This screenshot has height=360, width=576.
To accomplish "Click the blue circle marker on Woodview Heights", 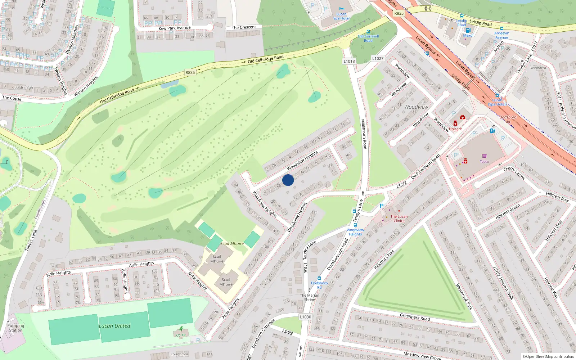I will click(288, 180).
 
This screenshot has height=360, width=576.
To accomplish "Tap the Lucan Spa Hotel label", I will click(341, 16).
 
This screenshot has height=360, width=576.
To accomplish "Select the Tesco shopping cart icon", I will click(484, 156).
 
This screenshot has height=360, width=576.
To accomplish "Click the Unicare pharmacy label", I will click(455, 129).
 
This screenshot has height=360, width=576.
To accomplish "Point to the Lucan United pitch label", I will click(114, 326).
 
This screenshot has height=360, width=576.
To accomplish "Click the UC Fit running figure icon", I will click(181, 329).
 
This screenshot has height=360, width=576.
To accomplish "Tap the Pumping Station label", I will click(16, 328).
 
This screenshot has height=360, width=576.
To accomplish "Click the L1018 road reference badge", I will click(349, 61).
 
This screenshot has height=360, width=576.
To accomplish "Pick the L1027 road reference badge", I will click(378, 58).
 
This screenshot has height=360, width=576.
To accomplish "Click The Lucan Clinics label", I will click(399, 219).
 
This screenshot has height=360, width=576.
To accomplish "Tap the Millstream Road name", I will click(364, 134).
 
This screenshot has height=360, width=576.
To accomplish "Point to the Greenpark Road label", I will click(415, 317).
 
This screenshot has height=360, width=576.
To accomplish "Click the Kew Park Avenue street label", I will click(175, 28).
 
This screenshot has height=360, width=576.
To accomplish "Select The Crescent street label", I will click(244, 27).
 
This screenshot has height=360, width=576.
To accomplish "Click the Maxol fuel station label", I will click(468, 35).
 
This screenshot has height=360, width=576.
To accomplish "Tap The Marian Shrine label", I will click(310, 297).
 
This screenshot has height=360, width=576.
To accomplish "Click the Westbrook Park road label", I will click(464, 297).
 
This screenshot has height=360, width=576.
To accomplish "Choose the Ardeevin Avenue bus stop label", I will click(501, 35).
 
